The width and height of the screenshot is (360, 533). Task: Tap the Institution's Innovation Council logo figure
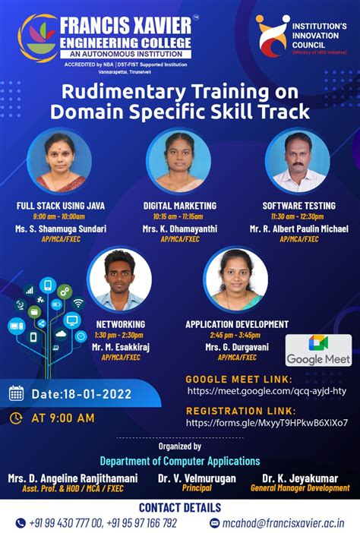click(271, 37)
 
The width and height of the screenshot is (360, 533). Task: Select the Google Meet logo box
click(318, 349)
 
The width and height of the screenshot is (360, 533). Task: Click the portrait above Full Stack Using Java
click(59, 161)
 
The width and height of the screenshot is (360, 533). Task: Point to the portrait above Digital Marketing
click(178, 161)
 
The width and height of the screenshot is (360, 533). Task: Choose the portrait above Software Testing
click(298, 161)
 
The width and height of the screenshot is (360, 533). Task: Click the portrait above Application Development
click(236, 280)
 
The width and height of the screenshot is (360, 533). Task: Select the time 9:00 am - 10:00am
click(61, 216)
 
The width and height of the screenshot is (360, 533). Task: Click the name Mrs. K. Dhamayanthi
click(179, 228)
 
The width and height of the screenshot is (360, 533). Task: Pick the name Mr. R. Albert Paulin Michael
click(298, 228)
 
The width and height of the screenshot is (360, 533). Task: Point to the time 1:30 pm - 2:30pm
click(120, 335)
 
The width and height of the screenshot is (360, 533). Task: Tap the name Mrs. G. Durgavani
click(237, 346)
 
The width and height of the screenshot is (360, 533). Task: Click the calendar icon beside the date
click(16, 393)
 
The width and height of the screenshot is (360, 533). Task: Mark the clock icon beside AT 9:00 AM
click(16, 418)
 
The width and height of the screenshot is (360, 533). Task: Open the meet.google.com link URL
click(267, 390)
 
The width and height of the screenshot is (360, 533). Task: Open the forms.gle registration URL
click(267, 422)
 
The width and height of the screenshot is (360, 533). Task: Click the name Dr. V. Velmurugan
click(197, 478)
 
